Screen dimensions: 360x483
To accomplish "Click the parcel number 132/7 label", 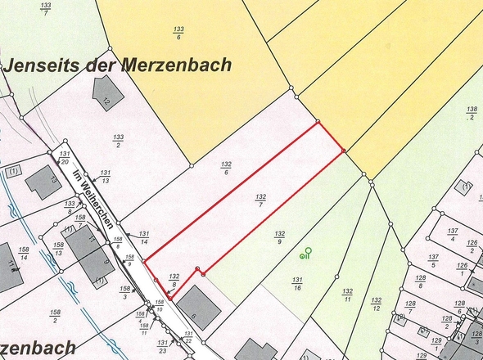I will tap(261, 201).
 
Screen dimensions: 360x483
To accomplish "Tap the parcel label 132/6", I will tap(225, 167).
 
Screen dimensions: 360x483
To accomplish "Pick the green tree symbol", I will tap(306, 253).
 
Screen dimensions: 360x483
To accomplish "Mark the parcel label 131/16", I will tap(297, 284).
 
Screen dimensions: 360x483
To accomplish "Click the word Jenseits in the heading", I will tap(42, 65).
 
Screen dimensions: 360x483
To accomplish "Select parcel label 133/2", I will tap(118, 141).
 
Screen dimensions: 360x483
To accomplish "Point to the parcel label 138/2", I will tap(472, 113).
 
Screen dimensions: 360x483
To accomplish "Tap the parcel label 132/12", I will tap(376, 305).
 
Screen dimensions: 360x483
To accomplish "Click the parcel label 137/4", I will tap(452, 235).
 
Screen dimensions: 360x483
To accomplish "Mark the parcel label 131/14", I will tap(143, 237).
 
